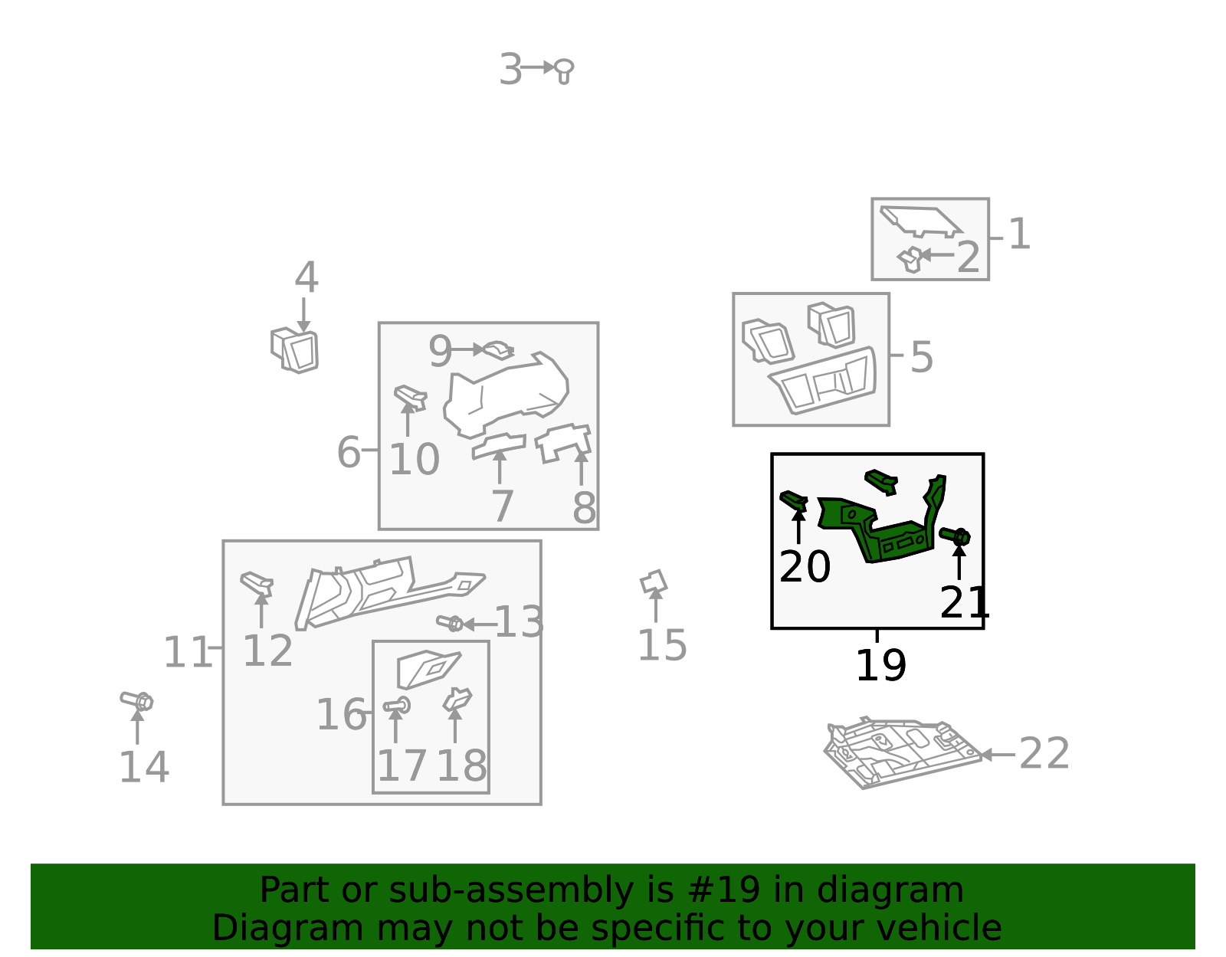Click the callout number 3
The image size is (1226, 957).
510,70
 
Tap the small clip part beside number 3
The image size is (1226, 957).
564,71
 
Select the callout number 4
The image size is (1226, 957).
306,277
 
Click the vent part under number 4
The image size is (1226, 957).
294,349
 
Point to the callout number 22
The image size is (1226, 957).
1044,753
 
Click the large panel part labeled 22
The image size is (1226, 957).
902,752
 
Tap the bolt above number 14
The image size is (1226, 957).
136,701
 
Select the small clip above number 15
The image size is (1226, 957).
654,582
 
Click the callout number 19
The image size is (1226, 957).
880,665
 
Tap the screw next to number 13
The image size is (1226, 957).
450,623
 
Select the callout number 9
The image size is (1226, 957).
440,352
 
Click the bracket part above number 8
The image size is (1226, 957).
564,443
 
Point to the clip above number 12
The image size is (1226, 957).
257,583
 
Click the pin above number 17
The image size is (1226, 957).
397,706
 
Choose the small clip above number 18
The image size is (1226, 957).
457,700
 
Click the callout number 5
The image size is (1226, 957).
922,357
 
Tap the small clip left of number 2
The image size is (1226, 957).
910,260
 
